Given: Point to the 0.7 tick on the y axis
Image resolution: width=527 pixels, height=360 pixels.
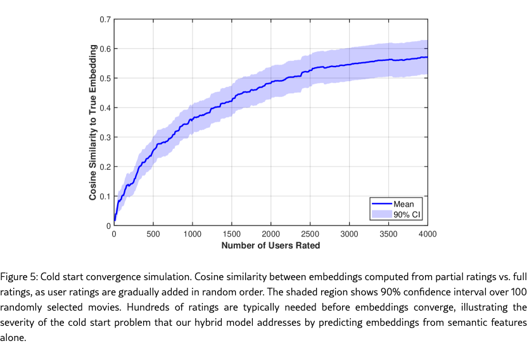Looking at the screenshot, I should click(106, 19).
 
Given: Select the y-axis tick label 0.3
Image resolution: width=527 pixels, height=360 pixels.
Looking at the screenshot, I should click(106, 137).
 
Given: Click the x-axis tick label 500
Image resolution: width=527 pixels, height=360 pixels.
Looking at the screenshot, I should click(153, 235).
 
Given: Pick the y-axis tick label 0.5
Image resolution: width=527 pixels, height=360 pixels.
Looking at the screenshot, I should click(106, 78).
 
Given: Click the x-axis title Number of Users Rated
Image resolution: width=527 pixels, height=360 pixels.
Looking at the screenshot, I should click(270, 245).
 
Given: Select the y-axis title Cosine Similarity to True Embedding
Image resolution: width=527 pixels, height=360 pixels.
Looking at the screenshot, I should click(92, 122).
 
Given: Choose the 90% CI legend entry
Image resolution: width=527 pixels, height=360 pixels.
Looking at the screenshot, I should click(407, 215).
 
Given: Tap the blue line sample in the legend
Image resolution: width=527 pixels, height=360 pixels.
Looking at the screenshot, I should click(381, 204).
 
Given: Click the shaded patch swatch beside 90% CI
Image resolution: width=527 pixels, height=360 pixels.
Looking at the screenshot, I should click(381, 215).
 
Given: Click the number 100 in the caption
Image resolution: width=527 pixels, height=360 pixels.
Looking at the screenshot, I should click(518, 292).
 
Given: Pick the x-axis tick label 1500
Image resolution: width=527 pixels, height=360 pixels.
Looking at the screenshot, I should click(232, 235).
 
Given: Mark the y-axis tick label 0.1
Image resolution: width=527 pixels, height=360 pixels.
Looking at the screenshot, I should click(106, 196).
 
